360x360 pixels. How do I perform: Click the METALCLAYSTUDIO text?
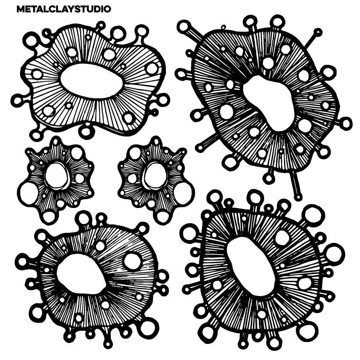tap(64, 9)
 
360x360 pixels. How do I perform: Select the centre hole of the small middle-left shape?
tap(56, 176)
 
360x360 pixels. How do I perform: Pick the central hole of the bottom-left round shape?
tap(80, 274)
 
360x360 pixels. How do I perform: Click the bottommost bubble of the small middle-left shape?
tap(49, 217)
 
